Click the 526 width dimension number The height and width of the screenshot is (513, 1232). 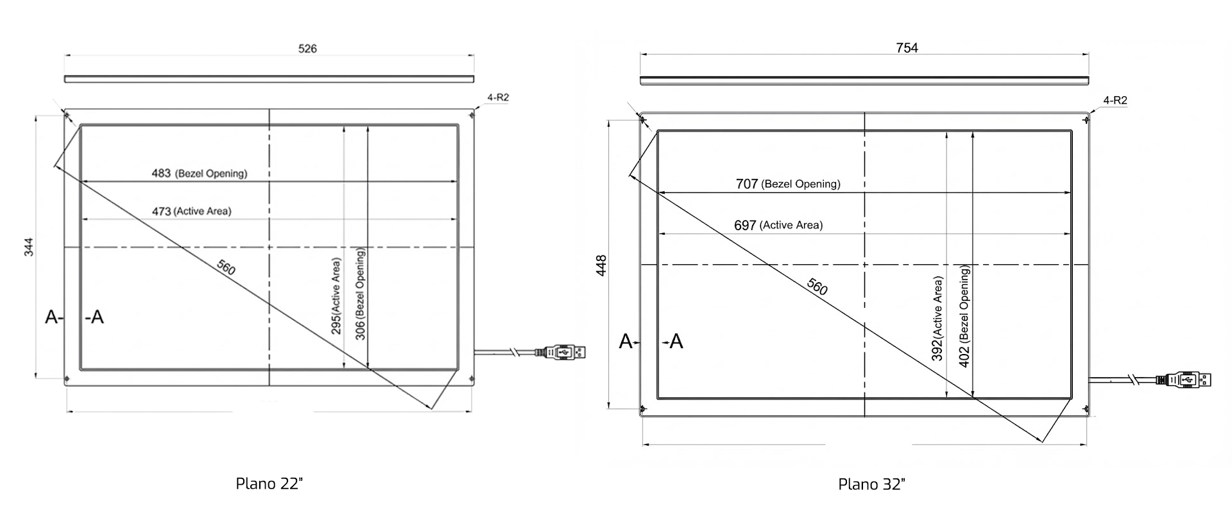pos(307,49)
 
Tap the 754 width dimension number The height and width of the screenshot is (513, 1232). pos(907,48)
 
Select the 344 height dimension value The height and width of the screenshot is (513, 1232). pos(29,247)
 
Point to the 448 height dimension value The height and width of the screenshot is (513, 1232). pos(601,265)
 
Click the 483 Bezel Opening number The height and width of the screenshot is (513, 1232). pos(161,173)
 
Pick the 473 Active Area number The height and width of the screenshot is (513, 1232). pos(161,211)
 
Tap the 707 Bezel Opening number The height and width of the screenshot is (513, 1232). pos(747,184)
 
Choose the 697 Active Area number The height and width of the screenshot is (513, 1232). pos(745,226)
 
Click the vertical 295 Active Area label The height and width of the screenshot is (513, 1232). pos(336,296)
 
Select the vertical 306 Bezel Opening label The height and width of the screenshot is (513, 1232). pos(360,294)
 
